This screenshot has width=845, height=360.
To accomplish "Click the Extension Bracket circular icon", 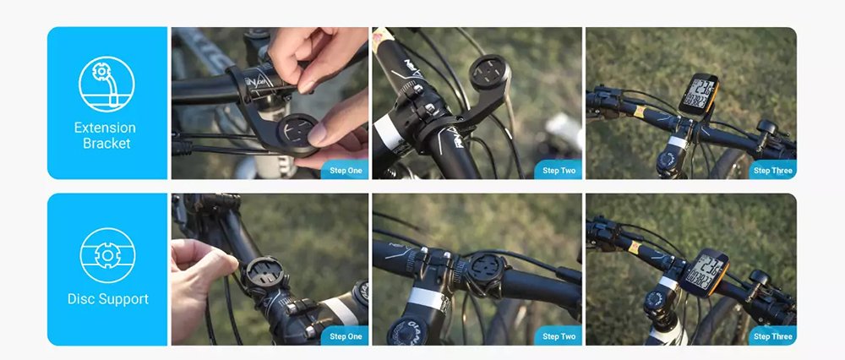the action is tap(106, 84).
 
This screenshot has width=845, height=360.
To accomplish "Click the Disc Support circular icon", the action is tap(107, 255).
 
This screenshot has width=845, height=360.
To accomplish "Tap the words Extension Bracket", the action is tap(106, 135).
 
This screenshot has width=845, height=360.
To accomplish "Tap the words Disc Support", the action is tap(108, 299).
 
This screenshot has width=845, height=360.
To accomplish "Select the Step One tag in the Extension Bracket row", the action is tap(346, 171).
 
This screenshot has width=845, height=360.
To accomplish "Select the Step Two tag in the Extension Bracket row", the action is tap(559, 171).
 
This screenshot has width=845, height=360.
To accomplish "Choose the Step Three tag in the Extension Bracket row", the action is tap(772, 171).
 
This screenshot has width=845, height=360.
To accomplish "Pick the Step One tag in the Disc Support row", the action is tap(346, 336).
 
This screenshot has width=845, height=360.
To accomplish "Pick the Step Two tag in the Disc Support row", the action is tap(559, 336).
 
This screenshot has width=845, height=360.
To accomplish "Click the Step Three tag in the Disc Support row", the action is tap(772, 336).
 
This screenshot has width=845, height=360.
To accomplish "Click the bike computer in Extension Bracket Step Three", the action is tap(699, 94).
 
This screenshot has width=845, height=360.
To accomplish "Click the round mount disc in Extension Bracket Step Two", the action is tap(488, 74).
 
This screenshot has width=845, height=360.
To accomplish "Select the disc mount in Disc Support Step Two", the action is tap(486, 271).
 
